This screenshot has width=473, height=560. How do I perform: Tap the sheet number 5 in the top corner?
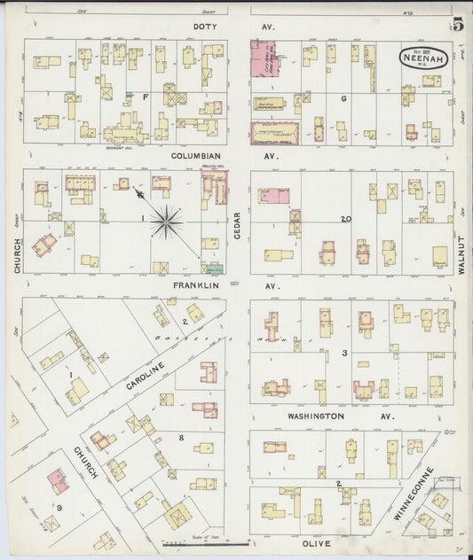click(x=458, y=25)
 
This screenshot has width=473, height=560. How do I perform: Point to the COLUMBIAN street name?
click(x=194, y=155)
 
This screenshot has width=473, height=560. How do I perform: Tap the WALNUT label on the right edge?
click(x=461, y=252)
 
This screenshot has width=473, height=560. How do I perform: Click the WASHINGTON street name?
click(x=315, y=415)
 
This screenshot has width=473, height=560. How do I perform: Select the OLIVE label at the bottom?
click(x=316, y=542)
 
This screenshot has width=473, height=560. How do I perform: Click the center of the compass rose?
click(x=166, y=222)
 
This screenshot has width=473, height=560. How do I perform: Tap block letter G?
click(x=343, y=98)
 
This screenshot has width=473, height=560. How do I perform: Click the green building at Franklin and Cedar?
click(x=213, y=267)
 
